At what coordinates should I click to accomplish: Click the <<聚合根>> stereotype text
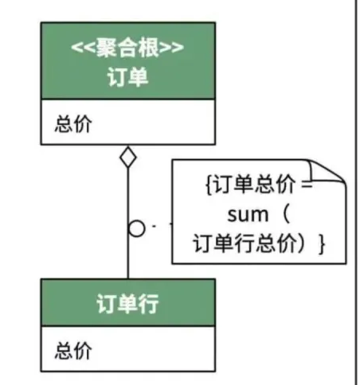tap(127, 48)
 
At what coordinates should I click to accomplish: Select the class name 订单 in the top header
tap(127, 77)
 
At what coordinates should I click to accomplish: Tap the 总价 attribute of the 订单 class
tap(73, 123)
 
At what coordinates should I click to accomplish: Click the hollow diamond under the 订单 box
tap(128, 157)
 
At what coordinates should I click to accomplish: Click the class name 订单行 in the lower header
tap(127, 304)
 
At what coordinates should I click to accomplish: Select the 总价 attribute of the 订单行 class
tap(73, 351)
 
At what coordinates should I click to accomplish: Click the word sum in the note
tap(248, 215)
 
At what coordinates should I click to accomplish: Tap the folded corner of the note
tap(328, 171)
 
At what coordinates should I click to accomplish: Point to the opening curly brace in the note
tap(209, 184)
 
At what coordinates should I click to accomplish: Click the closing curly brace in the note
tap(322, 244)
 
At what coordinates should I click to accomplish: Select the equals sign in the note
tap(307, 184)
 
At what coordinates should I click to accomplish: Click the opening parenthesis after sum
tap(286, 214)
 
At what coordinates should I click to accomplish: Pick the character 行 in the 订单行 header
tap(149, 304)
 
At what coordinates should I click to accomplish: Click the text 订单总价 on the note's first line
tap(254, 184)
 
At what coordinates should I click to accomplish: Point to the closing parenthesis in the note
tap(301, 243)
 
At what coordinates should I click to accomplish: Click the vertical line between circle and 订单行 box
tap(128, 258)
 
